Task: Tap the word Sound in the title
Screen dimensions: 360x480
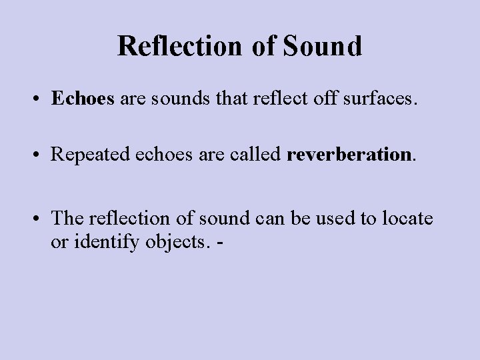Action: click(x=323, y=46)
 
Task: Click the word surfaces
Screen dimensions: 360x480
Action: click(x=383, y=100)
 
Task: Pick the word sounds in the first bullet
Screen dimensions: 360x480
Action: click(x=175, y=100)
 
